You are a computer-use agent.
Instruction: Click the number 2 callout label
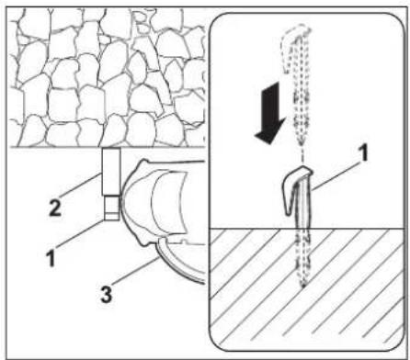tap(55, 208)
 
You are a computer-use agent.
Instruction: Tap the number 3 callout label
tap(107, 294)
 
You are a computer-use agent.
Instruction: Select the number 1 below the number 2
tap(51, 257)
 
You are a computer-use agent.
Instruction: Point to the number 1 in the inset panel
tap(363, 152)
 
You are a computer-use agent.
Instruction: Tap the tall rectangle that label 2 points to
tap(111, 171)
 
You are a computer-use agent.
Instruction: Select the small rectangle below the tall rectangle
tap(111, 208)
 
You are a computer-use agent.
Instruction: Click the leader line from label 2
tap(80, 185)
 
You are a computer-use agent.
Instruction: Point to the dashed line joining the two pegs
tap(302, 154)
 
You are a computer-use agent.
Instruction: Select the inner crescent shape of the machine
tap(167, 202)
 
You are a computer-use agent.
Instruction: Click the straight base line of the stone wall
tap(107, 147)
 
